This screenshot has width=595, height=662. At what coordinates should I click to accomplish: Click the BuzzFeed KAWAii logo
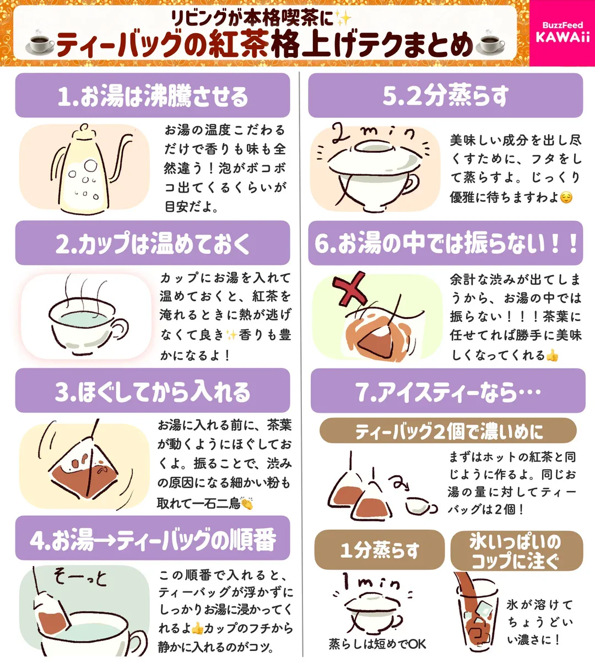pyautogui.click(x=562, y=33)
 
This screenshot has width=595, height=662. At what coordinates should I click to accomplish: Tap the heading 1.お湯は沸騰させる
pyautogui.click(x=153, y=96)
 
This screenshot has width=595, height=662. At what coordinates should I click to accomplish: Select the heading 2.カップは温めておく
pyautogui.click(x=153, y=243)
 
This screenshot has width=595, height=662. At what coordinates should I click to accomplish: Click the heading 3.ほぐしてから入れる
pyautogui.click(x=153, y=391)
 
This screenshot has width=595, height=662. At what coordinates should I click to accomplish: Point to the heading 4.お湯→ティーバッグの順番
pyautogui.click(x=153, y=540)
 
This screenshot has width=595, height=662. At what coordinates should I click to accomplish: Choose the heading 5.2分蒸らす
pyautogui.click(x=445, y=96)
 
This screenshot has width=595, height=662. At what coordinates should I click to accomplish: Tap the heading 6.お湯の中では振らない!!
pyautogui.click(x=445, y=243)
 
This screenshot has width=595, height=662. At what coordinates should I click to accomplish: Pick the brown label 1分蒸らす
pyautogui.click(x=379, y=549)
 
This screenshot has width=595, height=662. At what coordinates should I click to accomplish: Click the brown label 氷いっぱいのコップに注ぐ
pyautogui.click(x=516, y=551)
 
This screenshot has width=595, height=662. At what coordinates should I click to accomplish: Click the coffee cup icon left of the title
pyautogui.click(x=41, y=44)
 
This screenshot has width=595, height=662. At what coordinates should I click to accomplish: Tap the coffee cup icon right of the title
pyautogui.click(x=490, y=44)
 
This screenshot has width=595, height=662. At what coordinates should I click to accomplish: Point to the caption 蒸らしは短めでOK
pyautogui.click(x=377, y=644)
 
